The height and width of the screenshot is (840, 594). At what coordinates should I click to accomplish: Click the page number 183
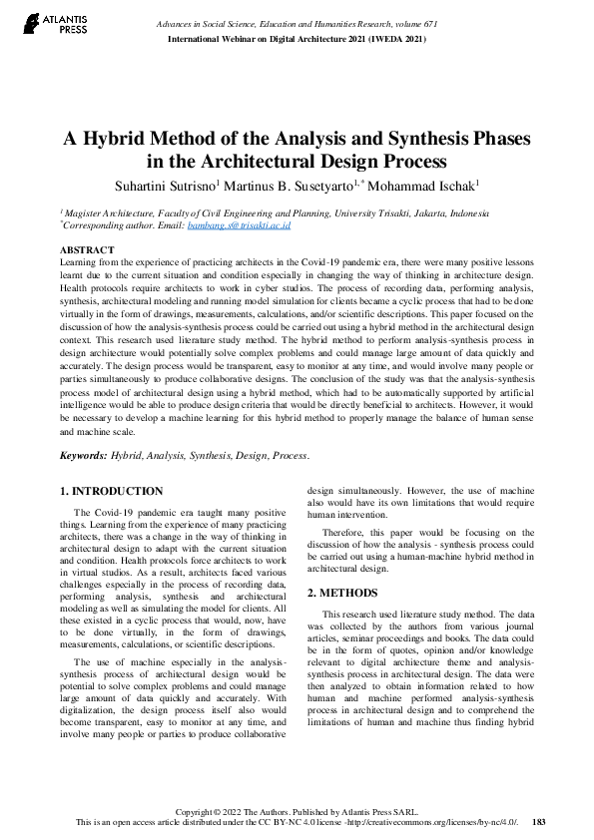540,823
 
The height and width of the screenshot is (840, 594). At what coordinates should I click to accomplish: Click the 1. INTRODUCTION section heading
112,492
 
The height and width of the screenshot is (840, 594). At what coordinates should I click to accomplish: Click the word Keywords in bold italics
83,455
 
